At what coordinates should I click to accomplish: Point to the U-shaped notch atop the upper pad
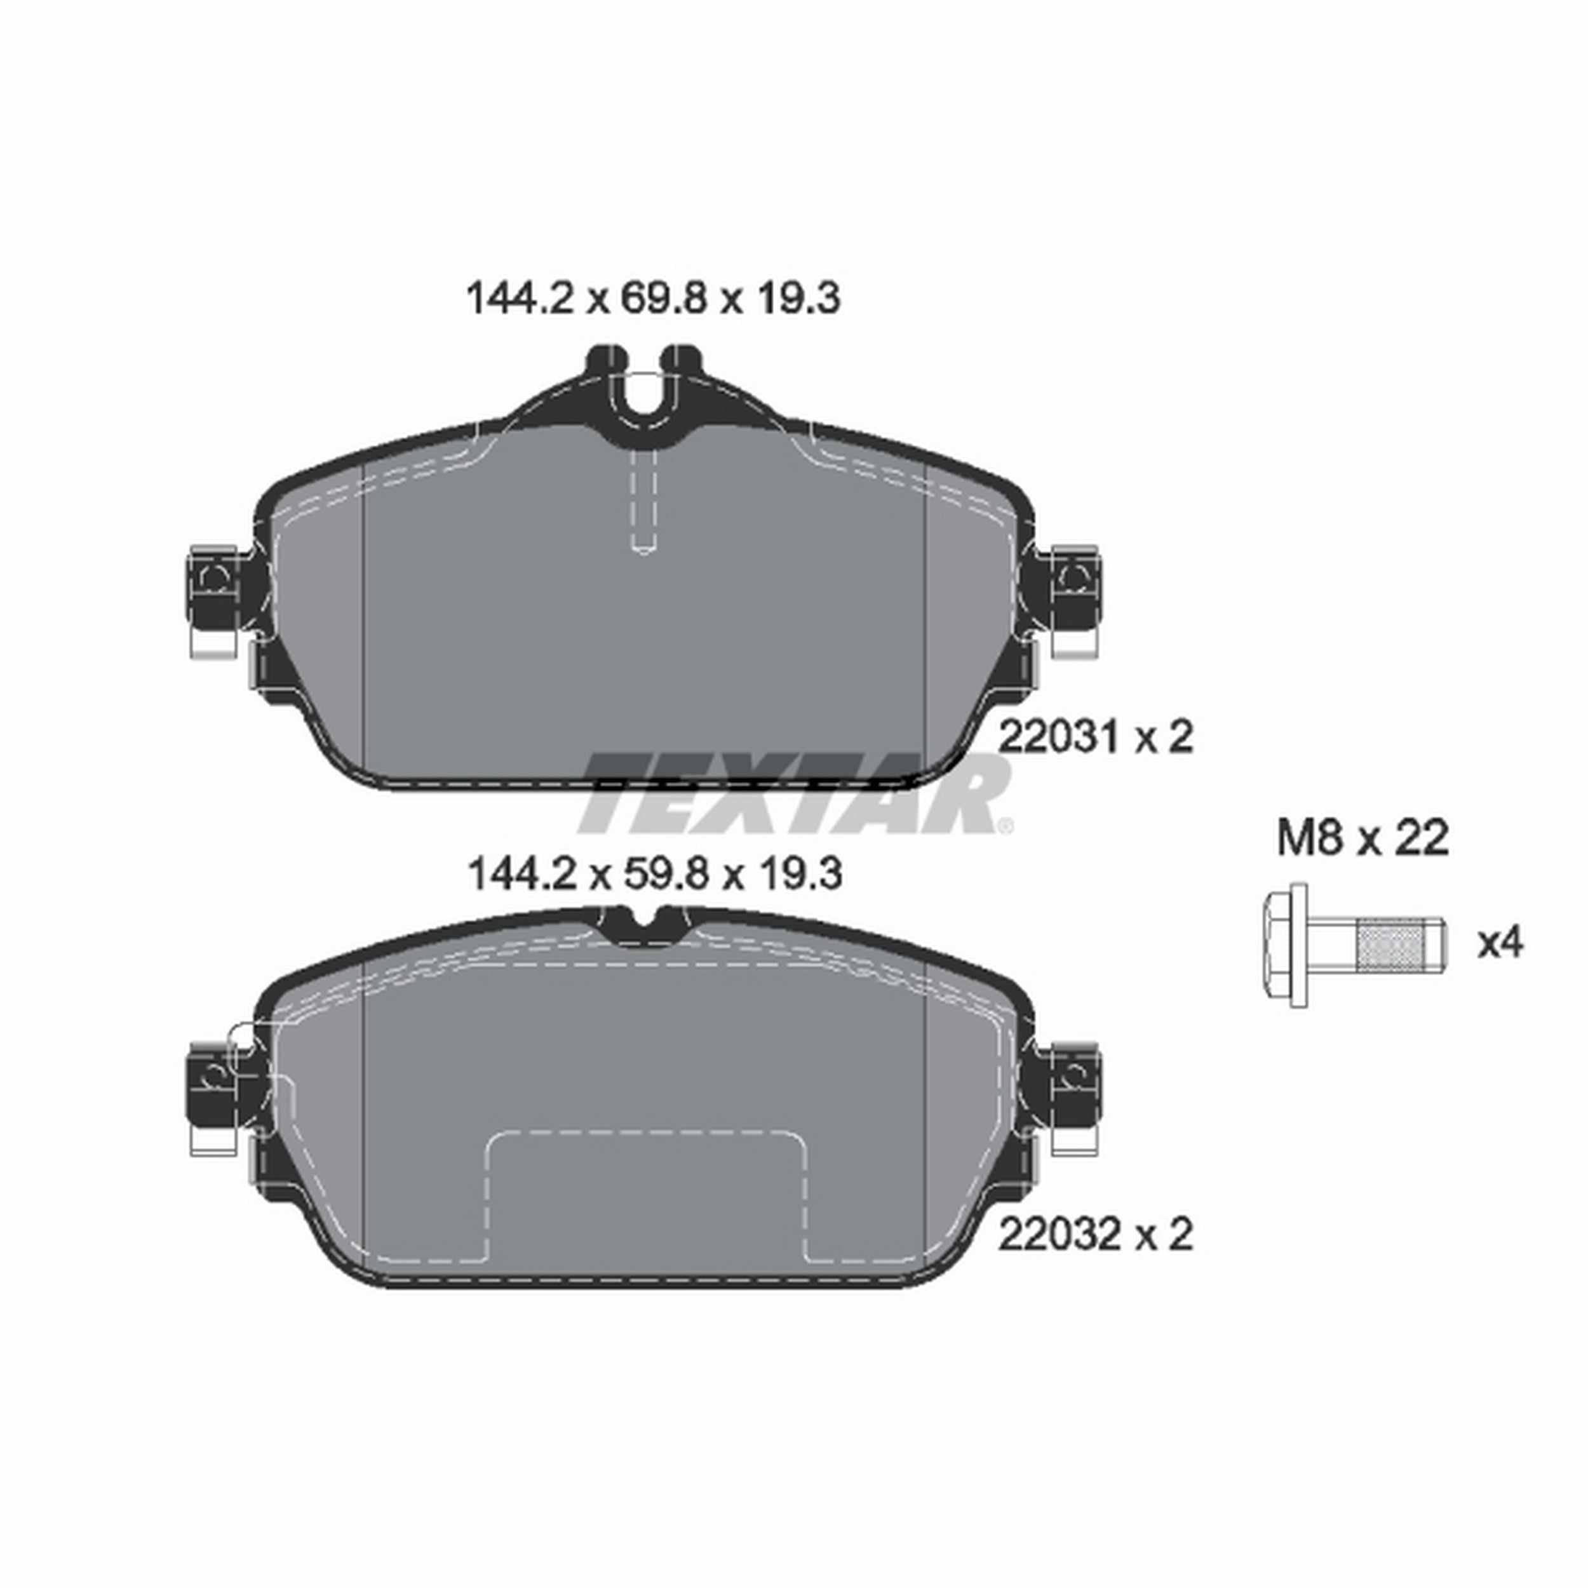coord(643,391)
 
